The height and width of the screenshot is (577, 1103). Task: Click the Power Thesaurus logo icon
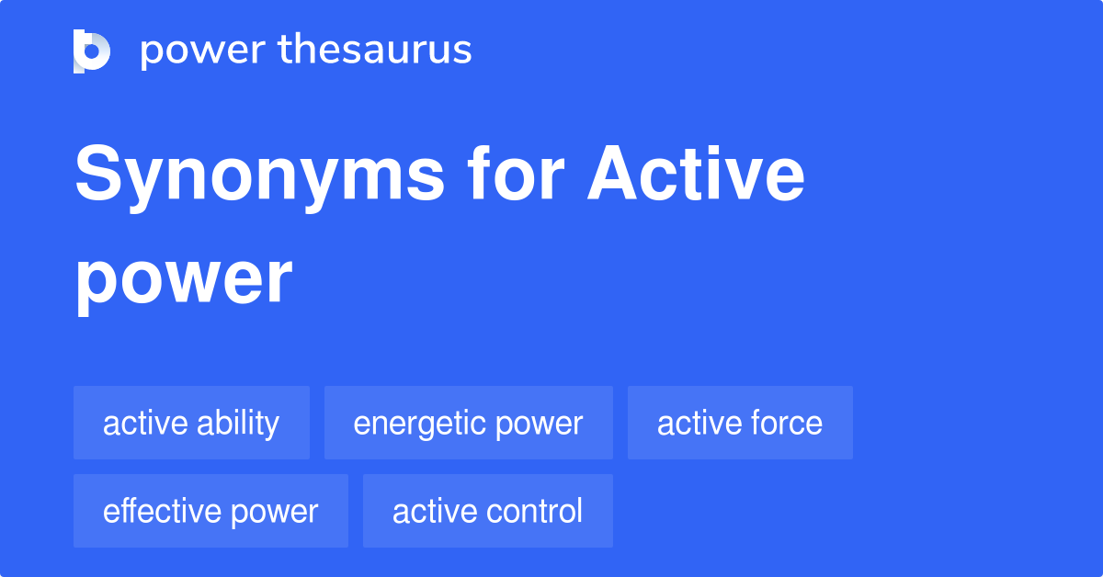coord(92,51)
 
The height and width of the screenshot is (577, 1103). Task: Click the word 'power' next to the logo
coord(201,51)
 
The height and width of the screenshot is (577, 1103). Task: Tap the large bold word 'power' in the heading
coord(184,279)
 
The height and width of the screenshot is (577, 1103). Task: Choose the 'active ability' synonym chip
coord(191,423)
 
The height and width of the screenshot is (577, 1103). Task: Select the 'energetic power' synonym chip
coord(469,423)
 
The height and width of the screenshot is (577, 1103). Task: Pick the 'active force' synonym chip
coord(740,423)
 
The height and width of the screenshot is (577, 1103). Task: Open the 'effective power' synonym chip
coord(210,511)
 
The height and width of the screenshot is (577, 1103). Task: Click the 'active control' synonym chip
coord(487,511)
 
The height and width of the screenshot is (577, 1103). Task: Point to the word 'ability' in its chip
coord(243,424)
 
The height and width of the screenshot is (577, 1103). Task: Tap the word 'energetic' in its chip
coord(420,424)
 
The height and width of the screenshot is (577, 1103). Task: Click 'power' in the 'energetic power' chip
coord(540,424)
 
